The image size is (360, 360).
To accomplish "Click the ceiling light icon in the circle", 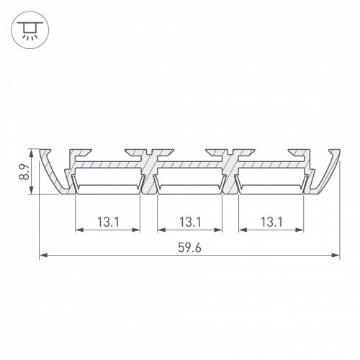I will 29,29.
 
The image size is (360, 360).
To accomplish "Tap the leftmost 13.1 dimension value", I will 107,222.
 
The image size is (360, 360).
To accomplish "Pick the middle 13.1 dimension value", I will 189,222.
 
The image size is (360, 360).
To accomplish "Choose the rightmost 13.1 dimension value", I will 271,222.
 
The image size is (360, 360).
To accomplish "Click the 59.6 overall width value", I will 189,246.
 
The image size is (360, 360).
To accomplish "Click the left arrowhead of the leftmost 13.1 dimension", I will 78,231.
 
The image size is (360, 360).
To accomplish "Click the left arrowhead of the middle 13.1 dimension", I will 159,231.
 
